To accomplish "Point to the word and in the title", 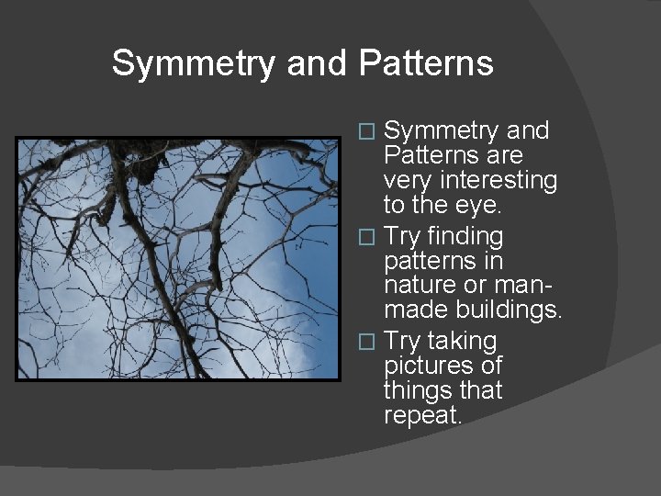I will click(318, 63).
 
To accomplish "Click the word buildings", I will click(507, 310).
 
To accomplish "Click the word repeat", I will click(421, 415).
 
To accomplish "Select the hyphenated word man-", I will click(528, 286).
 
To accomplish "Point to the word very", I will click(410, 181).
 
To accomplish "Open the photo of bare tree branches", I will click(178, 259).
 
